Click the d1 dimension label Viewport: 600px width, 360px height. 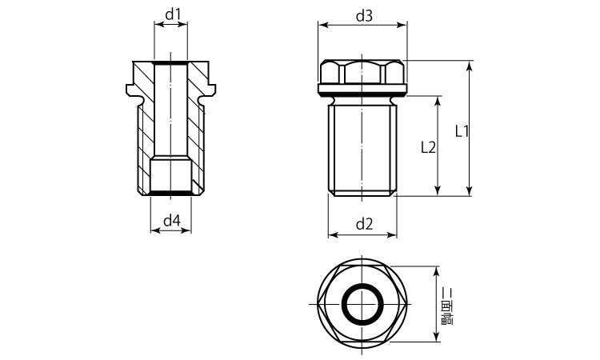tap(173, 14)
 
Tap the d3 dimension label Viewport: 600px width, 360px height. tap(364, 16)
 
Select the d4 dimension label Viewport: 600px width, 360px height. tap(172, 221)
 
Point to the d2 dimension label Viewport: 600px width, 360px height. tap(364, 224)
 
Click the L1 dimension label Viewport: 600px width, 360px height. tap(462, 132)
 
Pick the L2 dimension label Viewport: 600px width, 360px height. tap(428, 147)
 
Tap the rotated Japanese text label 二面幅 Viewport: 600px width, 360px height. tap(447, 306)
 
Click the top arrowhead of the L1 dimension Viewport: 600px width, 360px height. tap(470, 66)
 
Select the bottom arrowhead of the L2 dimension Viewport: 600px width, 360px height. tap(438, 190)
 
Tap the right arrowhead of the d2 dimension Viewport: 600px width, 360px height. tap(391, 234)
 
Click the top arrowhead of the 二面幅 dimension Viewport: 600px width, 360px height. tap(436, 272)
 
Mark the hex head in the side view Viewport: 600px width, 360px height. tap(362, 71)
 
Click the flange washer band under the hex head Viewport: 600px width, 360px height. tap(362, 89)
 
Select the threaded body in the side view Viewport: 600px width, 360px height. tap(362, 150)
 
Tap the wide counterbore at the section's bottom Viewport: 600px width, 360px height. tap(170, 176)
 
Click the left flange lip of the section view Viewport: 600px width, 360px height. tap(133, 90)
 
